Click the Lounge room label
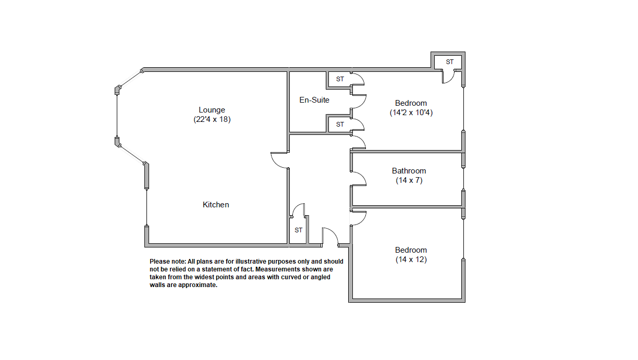212,110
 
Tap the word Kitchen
216,205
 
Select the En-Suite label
314,100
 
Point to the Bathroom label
409,171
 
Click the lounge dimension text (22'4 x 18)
212,119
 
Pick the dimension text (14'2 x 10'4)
411,113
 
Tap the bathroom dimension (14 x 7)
409,180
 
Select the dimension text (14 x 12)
411,259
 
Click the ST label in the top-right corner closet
449,62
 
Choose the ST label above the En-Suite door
340,79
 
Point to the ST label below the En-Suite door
340,125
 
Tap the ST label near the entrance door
298,230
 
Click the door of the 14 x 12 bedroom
363,220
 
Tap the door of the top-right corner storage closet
451,80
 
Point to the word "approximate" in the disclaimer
198,285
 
